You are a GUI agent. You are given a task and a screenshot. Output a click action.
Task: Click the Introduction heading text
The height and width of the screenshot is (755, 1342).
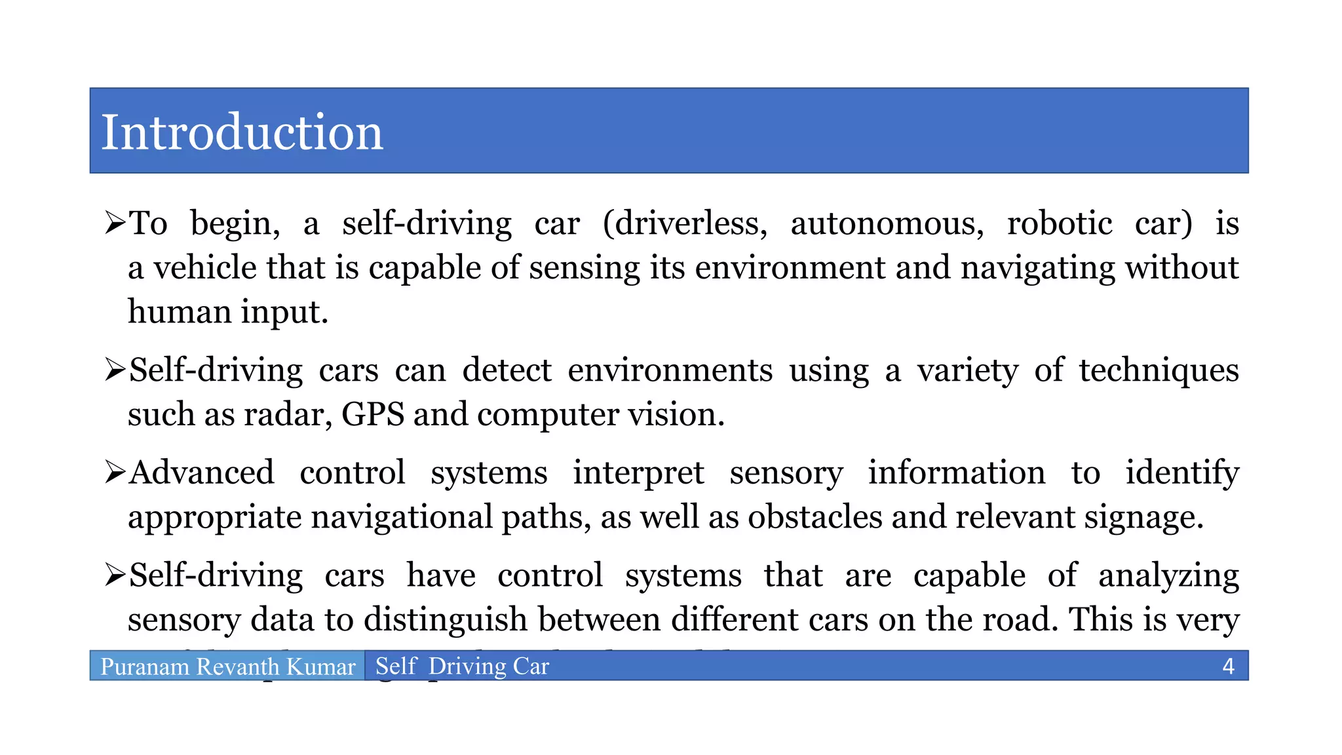(x=242, y=132)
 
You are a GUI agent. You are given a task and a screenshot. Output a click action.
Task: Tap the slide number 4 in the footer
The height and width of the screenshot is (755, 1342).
(x=1228, y=667)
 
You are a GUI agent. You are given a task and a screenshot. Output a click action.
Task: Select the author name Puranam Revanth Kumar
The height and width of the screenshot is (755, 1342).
(x=227, y=667)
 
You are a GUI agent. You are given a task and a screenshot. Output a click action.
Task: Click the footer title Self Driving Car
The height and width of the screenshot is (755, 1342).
(x=462, y=666)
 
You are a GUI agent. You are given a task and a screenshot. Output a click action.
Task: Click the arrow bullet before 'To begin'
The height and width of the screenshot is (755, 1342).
(x=115, y=223)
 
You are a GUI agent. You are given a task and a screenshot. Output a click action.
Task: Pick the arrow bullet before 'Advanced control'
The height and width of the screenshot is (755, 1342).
(x=115, y=473)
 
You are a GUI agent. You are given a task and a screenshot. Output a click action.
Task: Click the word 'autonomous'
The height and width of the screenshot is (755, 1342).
(x=887, y=223)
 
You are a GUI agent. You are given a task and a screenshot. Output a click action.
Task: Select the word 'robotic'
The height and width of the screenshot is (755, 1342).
(x=1060, y=223)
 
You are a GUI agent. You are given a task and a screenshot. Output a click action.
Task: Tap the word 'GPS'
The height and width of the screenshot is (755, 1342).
(x=373, y=414)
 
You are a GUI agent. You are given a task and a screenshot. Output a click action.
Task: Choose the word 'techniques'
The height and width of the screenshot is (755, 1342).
(x=1159, y=370)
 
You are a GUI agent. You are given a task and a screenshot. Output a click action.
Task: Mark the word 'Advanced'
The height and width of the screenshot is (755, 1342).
(x=202, y=473)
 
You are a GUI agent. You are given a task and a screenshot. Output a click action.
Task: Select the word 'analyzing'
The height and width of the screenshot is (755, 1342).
(x=1168, y=576)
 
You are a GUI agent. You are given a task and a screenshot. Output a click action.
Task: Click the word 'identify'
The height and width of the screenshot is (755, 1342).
(x=1182, y=473)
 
